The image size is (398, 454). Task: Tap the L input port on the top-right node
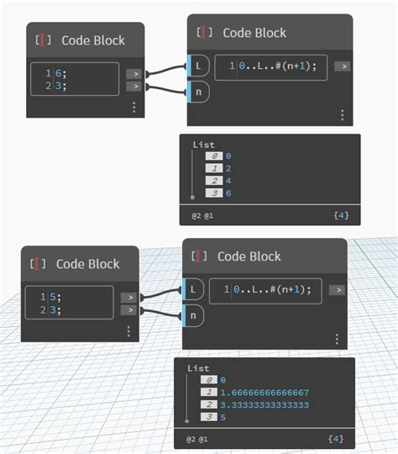[195, 66]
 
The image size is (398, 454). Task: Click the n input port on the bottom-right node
[191, 316]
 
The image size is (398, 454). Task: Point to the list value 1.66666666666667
[265, 392]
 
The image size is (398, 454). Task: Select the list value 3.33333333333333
[265, 404]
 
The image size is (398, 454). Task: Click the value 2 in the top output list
[228, 168]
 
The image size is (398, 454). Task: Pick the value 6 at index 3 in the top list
[228, 193]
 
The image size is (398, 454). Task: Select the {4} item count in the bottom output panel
[336, 439]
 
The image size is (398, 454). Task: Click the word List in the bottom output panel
[198, 368]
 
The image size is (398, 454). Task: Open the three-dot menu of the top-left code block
[133, 108]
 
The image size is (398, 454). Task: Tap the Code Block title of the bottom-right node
[249, 256]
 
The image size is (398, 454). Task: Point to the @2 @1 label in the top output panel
[202, 216]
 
